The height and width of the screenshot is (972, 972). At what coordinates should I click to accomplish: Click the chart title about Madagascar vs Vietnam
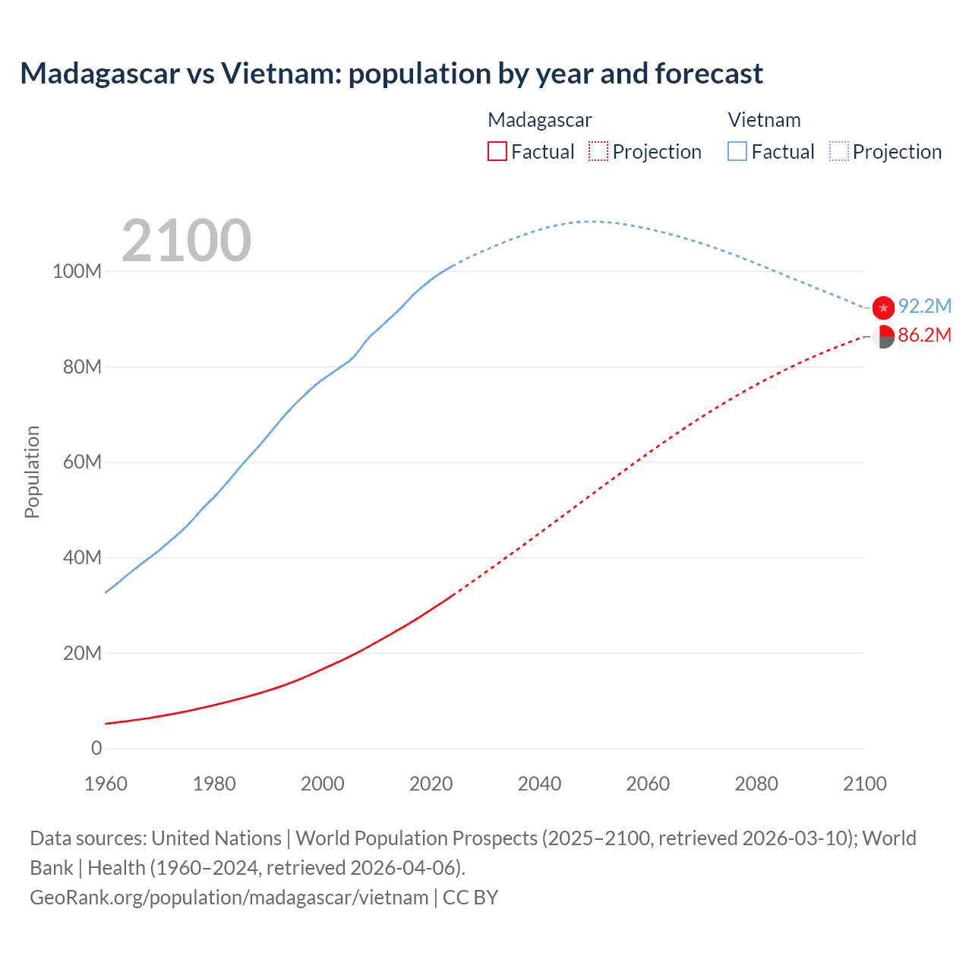(391, 74)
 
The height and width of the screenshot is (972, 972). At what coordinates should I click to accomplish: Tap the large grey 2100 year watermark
(186, 241)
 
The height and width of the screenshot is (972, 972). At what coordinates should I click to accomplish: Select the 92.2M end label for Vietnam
(924, 306)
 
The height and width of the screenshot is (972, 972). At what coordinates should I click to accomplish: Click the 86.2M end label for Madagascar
(924, 335)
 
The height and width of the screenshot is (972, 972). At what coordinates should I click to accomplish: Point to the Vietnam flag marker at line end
(883, 308)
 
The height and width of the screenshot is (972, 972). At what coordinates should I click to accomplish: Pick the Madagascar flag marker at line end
(883, 336)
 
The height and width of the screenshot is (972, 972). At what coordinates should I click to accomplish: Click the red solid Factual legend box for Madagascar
(497, 152)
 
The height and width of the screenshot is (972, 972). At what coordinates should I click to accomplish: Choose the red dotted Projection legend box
(598, 152)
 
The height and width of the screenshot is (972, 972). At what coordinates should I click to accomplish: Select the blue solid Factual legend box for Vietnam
(737, 152)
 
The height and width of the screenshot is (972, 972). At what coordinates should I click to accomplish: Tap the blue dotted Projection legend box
(839, 152)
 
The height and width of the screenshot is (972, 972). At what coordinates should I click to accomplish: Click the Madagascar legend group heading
(539, 120)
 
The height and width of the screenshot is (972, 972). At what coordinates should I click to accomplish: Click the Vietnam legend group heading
(764, 120)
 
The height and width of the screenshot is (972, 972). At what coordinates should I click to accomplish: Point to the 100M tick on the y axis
(77, 272)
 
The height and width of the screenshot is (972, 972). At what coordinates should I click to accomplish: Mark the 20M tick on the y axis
(82, 653)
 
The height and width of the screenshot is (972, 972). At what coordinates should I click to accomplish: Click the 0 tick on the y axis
(96, 749)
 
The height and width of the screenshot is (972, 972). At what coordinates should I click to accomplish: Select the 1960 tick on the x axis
(106, 784)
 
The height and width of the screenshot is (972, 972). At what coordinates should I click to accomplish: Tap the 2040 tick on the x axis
(539, 784)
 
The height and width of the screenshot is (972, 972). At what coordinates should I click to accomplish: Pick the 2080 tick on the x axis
(756, 784)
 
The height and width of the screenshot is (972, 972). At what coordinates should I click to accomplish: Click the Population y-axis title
(32, 472)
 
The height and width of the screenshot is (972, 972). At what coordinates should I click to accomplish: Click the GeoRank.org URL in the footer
(229, 898)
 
